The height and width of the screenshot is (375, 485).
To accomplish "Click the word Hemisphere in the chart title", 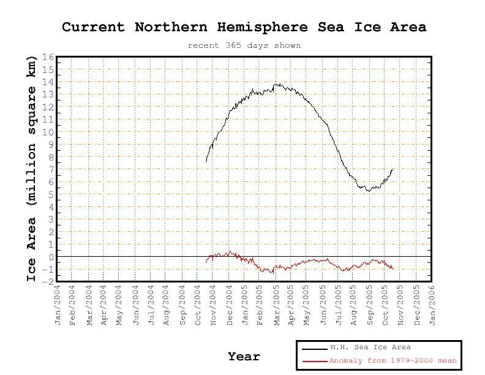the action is tap(262, 28).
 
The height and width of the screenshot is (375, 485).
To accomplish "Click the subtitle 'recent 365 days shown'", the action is tap(244, 45).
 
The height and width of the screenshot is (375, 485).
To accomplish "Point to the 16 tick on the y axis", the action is tap(48, 57).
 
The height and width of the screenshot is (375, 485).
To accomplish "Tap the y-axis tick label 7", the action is tap(51, 170).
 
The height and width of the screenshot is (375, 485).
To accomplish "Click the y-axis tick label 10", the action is tap(48, 132).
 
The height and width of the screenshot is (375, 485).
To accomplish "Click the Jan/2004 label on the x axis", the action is tap(58, 305).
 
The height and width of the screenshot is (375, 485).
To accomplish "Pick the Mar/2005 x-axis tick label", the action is tap(277, 305).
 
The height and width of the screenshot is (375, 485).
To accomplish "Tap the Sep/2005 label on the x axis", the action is tap(370, 305).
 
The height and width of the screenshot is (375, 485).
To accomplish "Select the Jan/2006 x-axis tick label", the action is tap(432, 305).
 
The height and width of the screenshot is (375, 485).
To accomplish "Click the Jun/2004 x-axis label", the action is tap(136, 305).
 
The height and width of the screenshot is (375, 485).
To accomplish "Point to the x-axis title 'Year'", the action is tap(244, 357).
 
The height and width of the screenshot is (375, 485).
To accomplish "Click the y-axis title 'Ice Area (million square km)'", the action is tap(31, 169).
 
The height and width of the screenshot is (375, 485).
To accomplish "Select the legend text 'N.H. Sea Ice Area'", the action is tap(370, 347).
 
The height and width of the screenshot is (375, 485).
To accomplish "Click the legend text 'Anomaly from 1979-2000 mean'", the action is tap(393, 361).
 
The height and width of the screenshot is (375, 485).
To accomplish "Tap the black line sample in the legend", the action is tap(315, 349).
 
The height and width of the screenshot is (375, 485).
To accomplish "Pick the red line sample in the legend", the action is tap(315, 361).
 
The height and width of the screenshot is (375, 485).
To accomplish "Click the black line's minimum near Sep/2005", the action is tap(368, 191).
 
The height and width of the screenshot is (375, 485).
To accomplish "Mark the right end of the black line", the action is tap(393, 170).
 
